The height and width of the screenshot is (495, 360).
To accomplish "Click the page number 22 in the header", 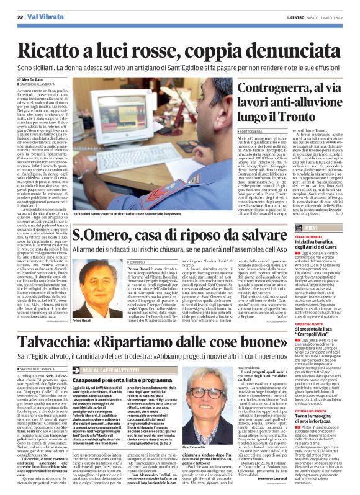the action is [20, 17].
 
